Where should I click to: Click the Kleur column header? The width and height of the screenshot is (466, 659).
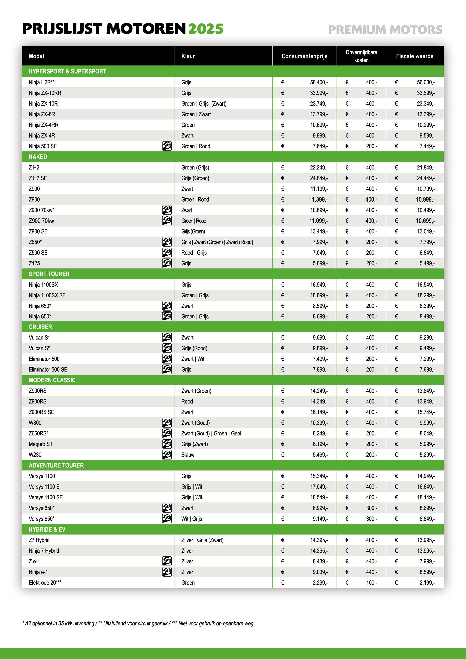[x=188, y=56]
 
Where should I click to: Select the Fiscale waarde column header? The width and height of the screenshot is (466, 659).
[x=415, y=56]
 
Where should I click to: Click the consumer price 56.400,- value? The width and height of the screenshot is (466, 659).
[x=319, y=82]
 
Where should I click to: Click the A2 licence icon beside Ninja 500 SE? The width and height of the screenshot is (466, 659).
[x=167, y=146]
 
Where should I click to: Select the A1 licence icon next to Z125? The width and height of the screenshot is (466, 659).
[x=167, y=263]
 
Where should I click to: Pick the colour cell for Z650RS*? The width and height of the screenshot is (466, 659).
[x=211, y=433]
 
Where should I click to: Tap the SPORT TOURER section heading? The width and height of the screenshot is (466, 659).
[x=49, y=274]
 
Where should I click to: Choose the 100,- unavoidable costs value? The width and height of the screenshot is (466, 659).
[x=371, y=583]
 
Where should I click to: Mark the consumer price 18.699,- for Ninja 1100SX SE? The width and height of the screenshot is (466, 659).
[x=319, y=295]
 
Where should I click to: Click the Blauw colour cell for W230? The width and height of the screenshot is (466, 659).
[x=188, y=455]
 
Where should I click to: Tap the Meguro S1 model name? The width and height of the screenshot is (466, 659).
[x=40, y=444]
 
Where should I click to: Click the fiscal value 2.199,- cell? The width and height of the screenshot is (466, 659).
[x=427, y=583]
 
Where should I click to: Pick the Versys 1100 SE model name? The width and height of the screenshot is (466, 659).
[x=46, y=497]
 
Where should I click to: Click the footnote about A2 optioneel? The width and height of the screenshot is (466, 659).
[x=138, y=623]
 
